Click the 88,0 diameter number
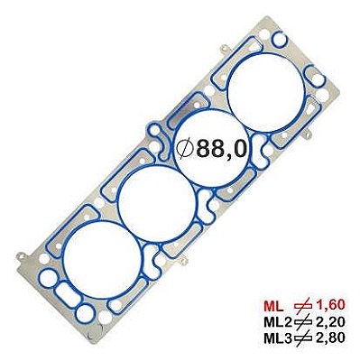222,149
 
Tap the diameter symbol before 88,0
185,149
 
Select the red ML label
273,306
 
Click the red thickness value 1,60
330,306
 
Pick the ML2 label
278,322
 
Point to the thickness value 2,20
330,322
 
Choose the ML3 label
278,338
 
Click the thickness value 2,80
330,338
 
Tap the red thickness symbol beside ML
303,306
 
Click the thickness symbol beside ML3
303,338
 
